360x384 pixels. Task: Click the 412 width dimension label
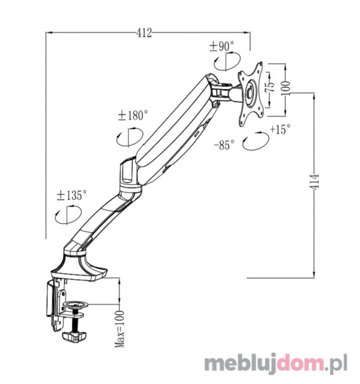143,34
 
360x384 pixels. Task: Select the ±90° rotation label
222,46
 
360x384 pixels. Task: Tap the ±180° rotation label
133,115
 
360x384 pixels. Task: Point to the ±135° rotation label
72,195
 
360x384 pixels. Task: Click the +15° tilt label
280,129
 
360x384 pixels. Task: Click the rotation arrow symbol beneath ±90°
227,61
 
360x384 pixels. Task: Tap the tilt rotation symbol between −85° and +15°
254,143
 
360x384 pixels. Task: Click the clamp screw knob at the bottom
74,339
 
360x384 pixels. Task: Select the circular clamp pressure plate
76,307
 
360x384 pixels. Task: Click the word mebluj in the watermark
236,364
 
